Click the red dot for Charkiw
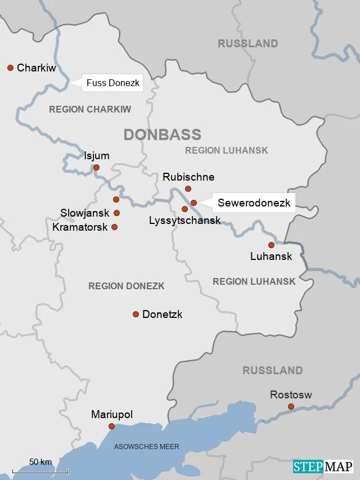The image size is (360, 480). [x=10, y=68]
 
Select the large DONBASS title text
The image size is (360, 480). [x=162, y=134]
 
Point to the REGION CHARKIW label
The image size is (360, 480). [x=90, y=109]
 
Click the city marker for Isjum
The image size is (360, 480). [x=96, y=167]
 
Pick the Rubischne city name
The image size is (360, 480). [x=188, y=177]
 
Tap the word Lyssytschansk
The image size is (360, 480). [x=184, y=221]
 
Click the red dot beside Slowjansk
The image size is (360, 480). [x=117, y=213]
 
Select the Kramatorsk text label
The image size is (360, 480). [x=79, y=227]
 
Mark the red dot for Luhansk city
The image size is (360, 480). [x=271, y=245]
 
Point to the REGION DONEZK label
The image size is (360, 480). [x=126, y=286]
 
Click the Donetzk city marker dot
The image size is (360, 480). [x=136, y=314]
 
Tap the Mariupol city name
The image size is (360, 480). [x=112, y=415]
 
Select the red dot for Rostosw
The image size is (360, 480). [x=291, y=406]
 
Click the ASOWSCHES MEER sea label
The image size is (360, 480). [x=147, y=447]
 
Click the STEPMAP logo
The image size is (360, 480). [x=322, y=466]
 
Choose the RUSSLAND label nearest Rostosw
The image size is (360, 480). [x=272, y=370]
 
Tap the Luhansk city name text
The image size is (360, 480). [x=271, y=257]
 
